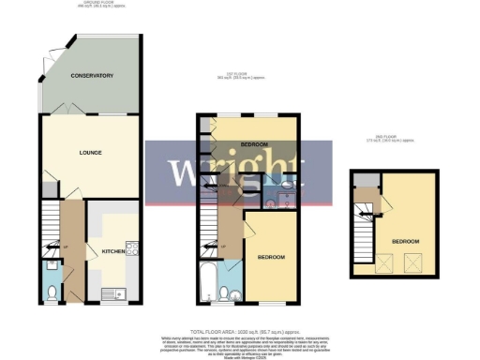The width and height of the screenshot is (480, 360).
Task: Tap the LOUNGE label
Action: (90, 153)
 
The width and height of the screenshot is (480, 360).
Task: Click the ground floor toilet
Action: (53, 292)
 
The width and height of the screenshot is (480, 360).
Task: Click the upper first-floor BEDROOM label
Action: (254, 145)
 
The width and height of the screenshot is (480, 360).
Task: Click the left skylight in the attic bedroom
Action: (383, 263)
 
